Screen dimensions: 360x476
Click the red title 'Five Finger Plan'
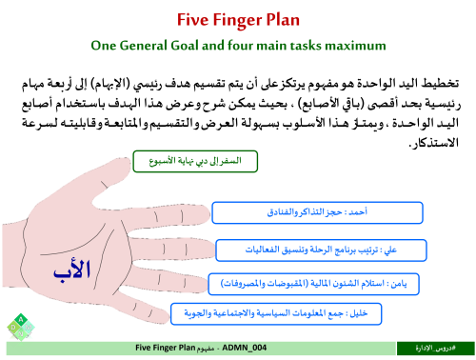tap(238, 18)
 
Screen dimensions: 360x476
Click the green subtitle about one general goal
tap(238, 45)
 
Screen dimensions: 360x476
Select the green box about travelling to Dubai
tap(196, 161)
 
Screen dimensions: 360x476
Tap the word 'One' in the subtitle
tap(105, 45)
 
